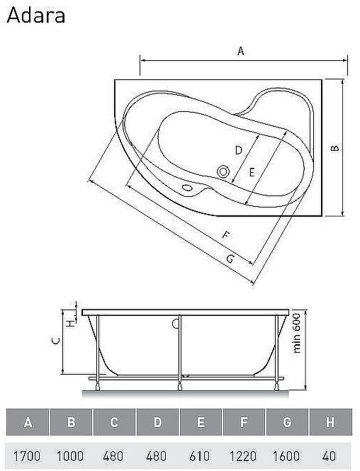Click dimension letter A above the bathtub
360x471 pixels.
241,51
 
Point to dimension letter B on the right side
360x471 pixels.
337,148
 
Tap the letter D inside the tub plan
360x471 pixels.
239,150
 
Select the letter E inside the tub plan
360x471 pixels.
252,171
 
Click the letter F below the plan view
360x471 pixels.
225,235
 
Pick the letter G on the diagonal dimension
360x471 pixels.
230,259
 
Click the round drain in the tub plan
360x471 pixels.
224,171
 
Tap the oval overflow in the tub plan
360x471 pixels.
188,188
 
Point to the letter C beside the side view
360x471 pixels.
55,341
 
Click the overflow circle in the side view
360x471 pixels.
174,324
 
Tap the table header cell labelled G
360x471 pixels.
287,424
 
